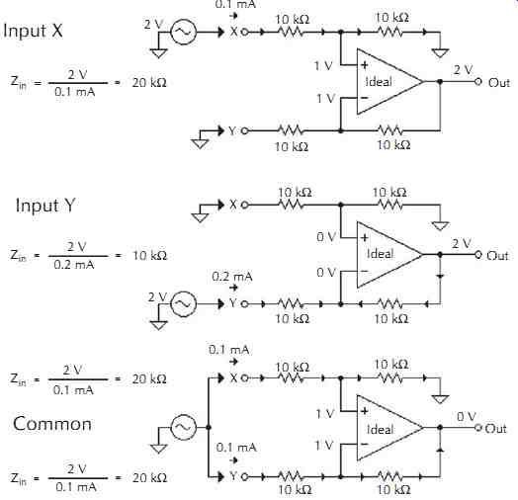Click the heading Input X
coord(33,31)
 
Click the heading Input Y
coord(45,206)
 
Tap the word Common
coord(52,424)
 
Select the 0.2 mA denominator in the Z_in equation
coord(74,265)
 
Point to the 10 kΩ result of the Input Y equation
coord(149,255)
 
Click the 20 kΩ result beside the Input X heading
coord(149,82)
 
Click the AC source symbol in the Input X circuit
coord(183,32)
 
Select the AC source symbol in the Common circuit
coord(183,427)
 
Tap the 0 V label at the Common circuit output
coord(467,416)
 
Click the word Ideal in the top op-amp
coord(379,82)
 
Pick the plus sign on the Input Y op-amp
coord(365,237)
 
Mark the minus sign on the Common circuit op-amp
coord(365,445)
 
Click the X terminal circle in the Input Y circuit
coord(244,206)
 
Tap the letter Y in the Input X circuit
coord(232,131)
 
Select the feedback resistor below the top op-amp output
coord(390,130)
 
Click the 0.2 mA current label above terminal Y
coord(232,277)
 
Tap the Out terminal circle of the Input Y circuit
coord(478,254)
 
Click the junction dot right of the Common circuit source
coord(209,427)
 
